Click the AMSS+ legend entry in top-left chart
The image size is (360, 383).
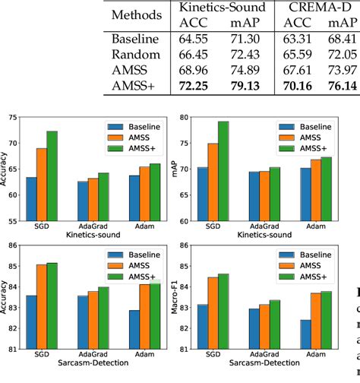[144, 148]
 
